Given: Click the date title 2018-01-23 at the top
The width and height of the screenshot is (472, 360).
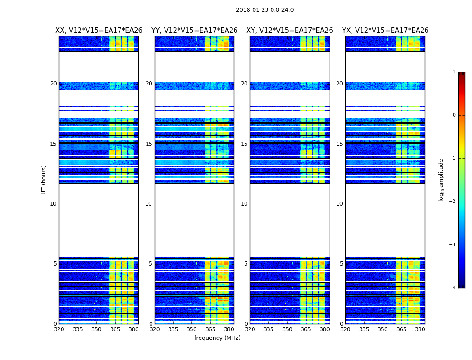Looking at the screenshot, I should click(x=265, y=10).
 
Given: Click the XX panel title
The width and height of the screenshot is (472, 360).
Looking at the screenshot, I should click(x=99, y=31).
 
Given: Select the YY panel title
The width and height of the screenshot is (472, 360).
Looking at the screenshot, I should click(x=194, y=31).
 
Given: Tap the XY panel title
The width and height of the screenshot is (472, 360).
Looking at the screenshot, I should click(x=289, y=31).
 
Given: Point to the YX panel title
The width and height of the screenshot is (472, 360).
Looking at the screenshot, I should click(x=385, y=31).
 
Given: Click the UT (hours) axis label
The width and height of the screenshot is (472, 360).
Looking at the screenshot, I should click(x=44, y=180).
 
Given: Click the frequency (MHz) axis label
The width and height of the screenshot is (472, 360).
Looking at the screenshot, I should click(x=217, y=338).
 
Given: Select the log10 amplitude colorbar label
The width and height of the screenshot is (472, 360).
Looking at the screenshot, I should click(x=441, y=180).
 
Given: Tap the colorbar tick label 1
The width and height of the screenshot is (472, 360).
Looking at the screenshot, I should click(x=454, y=72).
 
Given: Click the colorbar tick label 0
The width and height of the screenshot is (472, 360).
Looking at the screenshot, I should click(x=454, y=115).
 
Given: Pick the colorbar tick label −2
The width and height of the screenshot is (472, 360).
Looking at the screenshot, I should click(x=453, y=202).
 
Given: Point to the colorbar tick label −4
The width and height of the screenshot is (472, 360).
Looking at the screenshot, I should click(x=453, y=288).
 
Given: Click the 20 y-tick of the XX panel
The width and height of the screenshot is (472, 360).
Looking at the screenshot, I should click(x=53, y=84).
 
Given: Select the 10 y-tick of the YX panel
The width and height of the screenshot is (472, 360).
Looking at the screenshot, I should click(x=340, y=204).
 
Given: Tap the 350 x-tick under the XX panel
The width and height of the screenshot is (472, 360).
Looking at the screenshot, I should click(x=96, y=329).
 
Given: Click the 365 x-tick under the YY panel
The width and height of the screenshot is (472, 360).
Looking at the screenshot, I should click(x=210, y=329).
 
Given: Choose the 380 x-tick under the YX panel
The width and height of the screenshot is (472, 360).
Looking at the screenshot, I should click(x=420, y=329).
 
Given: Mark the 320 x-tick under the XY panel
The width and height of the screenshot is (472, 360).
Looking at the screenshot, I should click(x=250, y=329).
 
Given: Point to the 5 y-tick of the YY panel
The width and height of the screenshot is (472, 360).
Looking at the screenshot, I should click(x=151, y=264).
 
